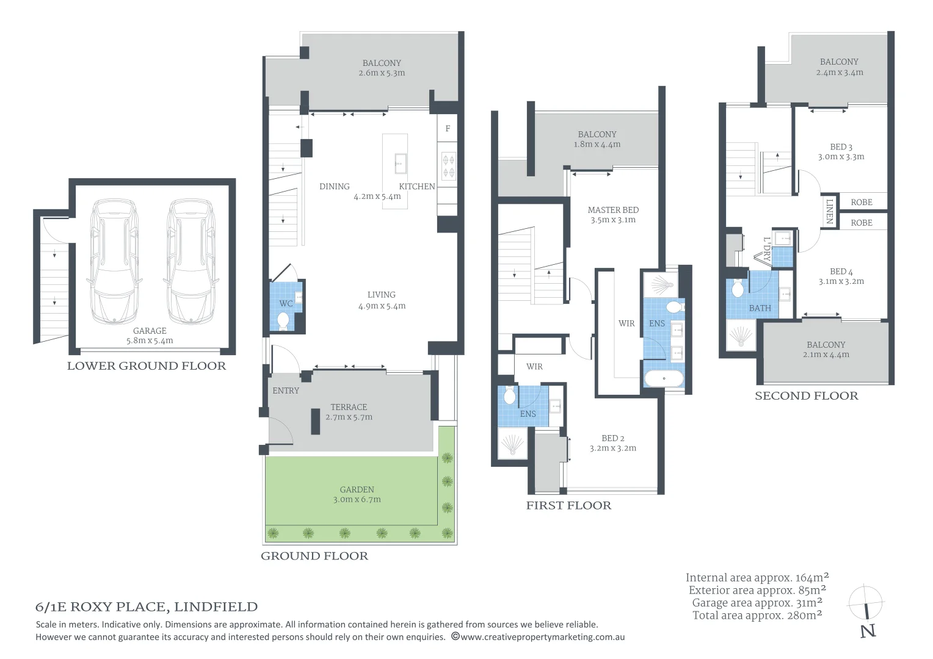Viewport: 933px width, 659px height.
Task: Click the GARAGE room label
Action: tap(150, 331)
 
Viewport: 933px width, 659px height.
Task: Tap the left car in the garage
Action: tap(115, 261)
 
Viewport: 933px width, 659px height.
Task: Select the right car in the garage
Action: tap(191, 261)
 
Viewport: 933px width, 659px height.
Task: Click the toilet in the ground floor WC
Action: tap(283, 322)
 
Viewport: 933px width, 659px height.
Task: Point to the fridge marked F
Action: tap(448, 128)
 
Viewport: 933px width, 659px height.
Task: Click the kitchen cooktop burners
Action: tap(448, 166)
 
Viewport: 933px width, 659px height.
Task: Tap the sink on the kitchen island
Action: tap(401, 163)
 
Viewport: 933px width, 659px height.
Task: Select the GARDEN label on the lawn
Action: tap(357, 489)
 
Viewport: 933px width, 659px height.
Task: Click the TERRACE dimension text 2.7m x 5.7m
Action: tap(349, 417)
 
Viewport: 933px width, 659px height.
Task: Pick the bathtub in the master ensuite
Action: tap(664, 379)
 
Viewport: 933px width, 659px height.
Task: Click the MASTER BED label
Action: tap(613, 211)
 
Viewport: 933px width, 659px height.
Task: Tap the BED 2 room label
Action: tap(612, 438)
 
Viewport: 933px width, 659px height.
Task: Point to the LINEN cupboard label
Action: tap(829, 211)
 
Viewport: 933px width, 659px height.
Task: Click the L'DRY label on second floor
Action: tap(767, 249)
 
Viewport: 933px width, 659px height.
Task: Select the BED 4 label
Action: tap(841, 272)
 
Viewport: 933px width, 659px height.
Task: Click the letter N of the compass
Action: tap(868, 631)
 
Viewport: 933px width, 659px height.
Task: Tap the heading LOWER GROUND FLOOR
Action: tap(147, 366)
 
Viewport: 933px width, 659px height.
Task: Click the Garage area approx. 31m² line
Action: tap(757, 603)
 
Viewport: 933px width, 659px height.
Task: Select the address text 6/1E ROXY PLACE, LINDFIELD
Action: tap(147, 607)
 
